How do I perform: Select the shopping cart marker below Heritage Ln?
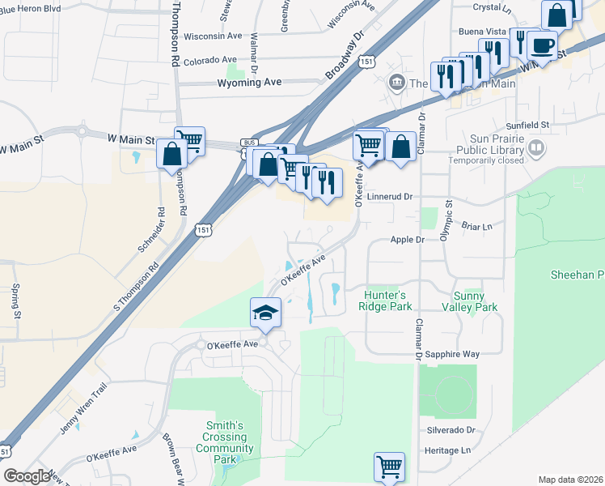[x=389, y=467]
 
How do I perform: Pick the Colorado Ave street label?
[x=209, y=60]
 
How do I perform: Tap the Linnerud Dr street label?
[x=390, y=196]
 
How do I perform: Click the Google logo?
[x=27, y=476]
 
